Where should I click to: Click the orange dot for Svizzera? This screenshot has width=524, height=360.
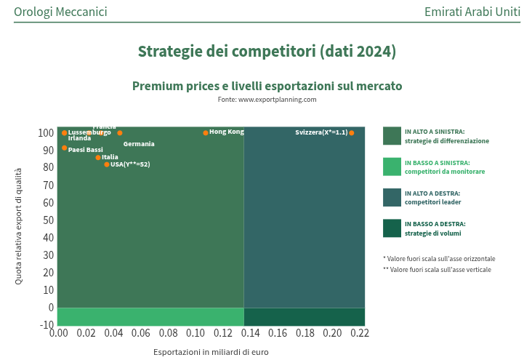coord(352,133)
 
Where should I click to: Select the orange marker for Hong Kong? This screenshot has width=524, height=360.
coord(206,133)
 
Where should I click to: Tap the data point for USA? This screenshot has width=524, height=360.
coord(107,164)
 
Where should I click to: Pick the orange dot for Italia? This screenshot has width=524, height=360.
coord(98,158)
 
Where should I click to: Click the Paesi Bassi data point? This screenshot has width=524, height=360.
coord(64,148)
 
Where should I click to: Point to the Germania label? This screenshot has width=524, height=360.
coord(139,144)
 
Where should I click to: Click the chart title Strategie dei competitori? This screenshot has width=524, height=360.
coord(267,52)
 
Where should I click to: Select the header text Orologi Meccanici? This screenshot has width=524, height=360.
coord(60,12)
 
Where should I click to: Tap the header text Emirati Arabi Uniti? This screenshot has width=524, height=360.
coord(472,12)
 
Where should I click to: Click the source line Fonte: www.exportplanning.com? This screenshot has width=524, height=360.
coord(267,100)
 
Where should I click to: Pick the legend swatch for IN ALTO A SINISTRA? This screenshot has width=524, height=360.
coord(392,136)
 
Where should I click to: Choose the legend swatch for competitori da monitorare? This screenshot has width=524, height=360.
coord(392,167)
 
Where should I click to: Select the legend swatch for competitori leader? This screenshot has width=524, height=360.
coord(392,197)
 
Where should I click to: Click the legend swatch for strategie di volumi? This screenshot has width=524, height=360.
coord(392,228)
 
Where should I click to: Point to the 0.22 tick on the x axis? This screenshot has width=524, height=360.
coord(360,333)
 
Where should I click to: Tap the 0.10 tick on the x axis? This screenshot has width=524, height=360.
coord(195,333)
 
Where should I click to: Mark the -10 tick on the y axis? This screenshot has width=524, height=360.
coord(47,324)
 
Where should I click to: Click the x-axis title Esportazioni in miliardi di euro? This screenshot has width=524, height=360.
coord(211,352)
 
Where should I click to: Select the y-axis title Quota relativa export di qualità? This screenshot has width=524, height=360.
coord(19,225)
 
